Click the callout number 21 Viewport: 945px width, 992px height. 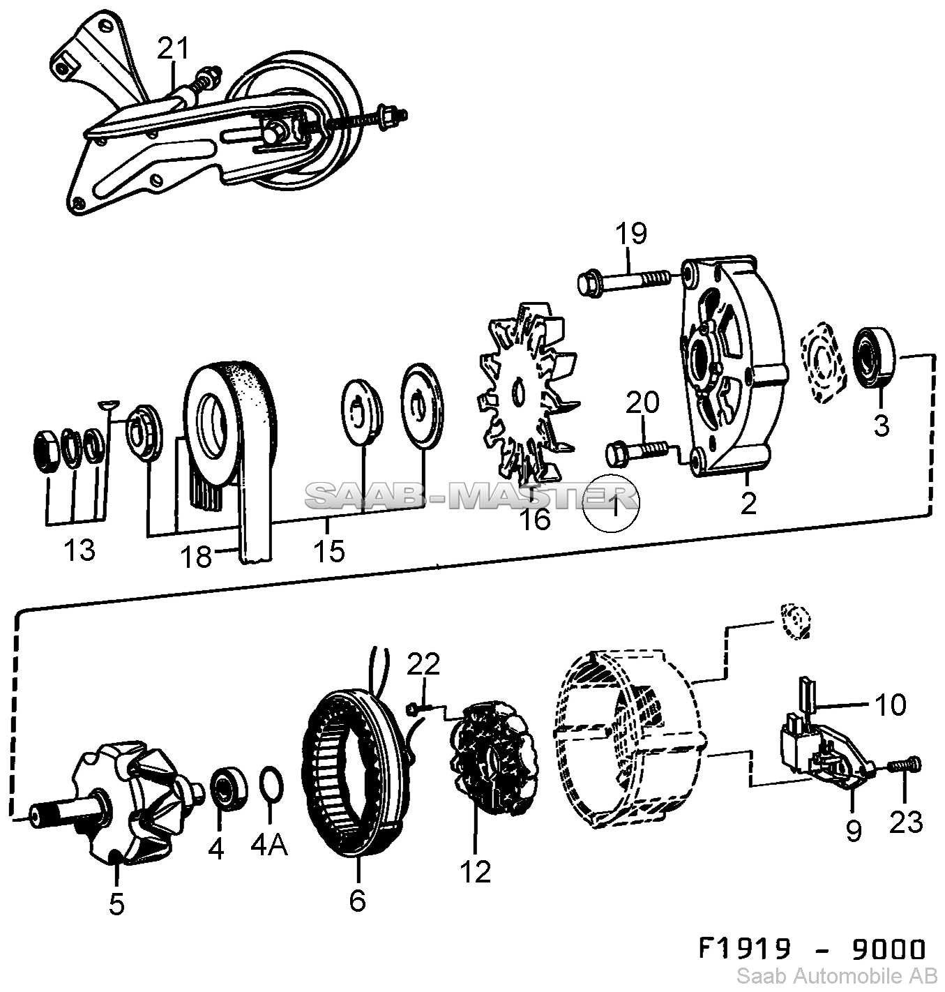(172, 48)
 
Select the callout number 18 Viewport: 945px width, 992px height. (196, 557)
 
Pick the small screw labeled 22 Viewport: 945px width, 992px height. (412, 709)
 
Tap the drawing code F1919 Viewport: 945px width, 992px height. (745, 949)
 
